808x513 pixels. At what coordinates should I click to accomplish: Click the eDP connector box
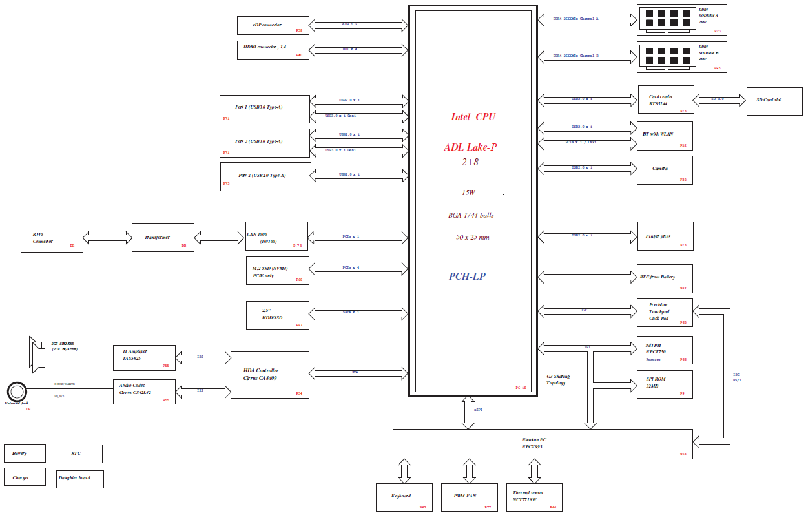click(x=273, y=26)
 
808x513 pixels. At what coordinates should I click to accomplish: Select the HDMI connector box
click(x=273, y=50)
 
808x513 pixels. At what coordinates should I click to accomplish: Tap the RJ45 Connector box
click(x=52, y=238)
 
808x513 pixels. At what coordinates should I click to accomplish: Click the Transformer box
click(x=163, y=238)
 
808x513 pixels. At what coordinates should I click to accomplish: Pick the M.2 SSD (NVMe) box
click(x=277, y=270)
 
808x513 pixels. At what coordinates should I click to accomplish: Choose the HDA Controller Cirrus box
click(x=270, y=375)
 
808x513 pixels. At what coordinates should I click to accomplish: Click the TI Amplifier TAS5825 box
click(x=144, y=357)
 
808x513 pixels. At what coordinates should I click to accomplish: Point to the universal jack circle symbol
click(x=17, y=392)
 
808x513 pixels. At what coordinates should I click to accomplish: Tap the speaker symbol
click(x=36, y=352)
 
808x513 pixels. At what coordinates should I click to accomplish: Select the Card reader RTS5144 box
click(x=665, y=100)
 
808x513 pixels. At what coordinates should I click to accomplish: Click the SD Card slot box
click(x=774, y=101)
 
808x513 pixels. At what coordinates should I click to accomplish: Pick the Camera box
click(x=664, y=170)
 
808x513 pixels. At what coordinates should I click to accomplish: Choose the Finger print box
click(x=665, y=236)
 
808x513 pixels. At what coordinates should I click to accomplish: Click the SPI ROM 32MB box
click(x=664, y=384)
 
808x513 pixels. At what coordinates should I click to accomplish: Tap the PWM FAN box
click(x=469, y=497)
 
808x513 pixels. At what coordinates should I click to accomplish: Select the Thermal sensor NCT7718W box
click(x=533, y=497)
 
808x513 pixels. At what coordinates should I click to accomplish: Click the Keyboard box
click(x=404, y=497)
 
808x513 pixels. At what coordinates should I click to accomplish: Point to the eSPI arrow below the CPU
click(x=468, y=412)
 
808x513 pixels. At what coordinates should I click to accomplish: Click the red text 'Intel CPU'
click(x=473, y=117)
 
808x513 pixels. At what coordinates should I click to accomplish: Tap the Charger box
click(x=25, y=477)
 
